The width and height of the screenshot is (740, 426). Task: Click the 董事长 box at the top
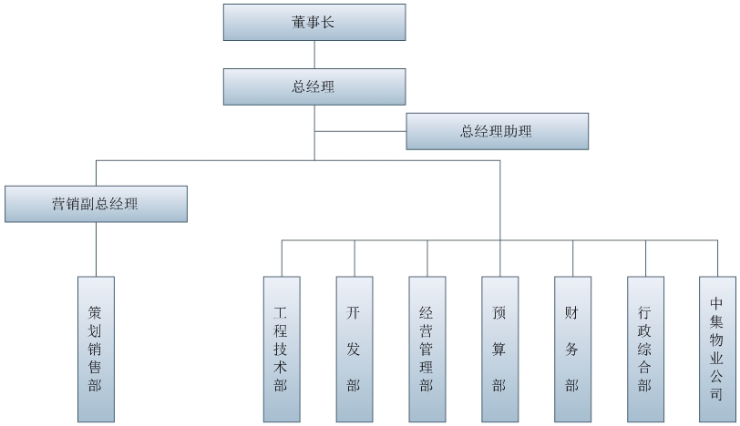(314, 22)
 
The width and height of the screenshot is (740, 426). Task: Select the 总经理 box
(314, 86)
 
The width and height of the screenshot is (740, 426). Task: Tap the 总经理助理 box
(497, 131)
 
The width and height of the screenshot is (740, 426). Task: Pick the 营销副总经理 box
(96, 204)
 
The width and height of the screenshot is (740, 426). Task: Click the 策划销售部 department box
(96, 349)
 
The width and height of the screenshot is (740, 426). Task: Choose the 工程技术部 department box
(281, 349)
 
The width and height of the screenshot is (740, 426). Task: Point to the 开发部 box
(354, 349)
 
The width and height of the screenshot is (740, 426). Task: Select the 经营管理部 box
(427, 349)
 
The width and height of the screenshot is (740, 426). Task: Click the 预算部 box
(499, 349)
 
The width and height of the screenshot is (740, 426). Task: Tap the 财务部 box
(572, 349)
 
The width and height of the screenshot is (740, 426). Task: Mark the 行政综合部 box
(645, 349)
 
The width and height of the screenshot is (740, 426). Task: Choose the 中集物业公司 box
(717, 349)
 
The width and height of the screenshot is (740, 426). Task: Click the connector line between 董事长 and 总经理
(314, 54)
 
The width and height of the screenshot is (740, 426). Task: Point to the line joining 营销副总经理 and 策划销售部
(96, 249)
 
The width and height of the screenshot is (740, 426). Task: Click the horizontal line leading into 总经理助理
(360, 131)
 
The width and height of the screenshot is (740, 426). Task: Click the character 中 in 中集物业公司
(717, 302)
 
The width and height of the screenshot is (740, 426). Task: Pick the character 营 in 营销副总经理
(58, 204)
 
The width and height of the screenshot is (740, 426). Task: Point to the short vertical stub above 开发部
(354, 258)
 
